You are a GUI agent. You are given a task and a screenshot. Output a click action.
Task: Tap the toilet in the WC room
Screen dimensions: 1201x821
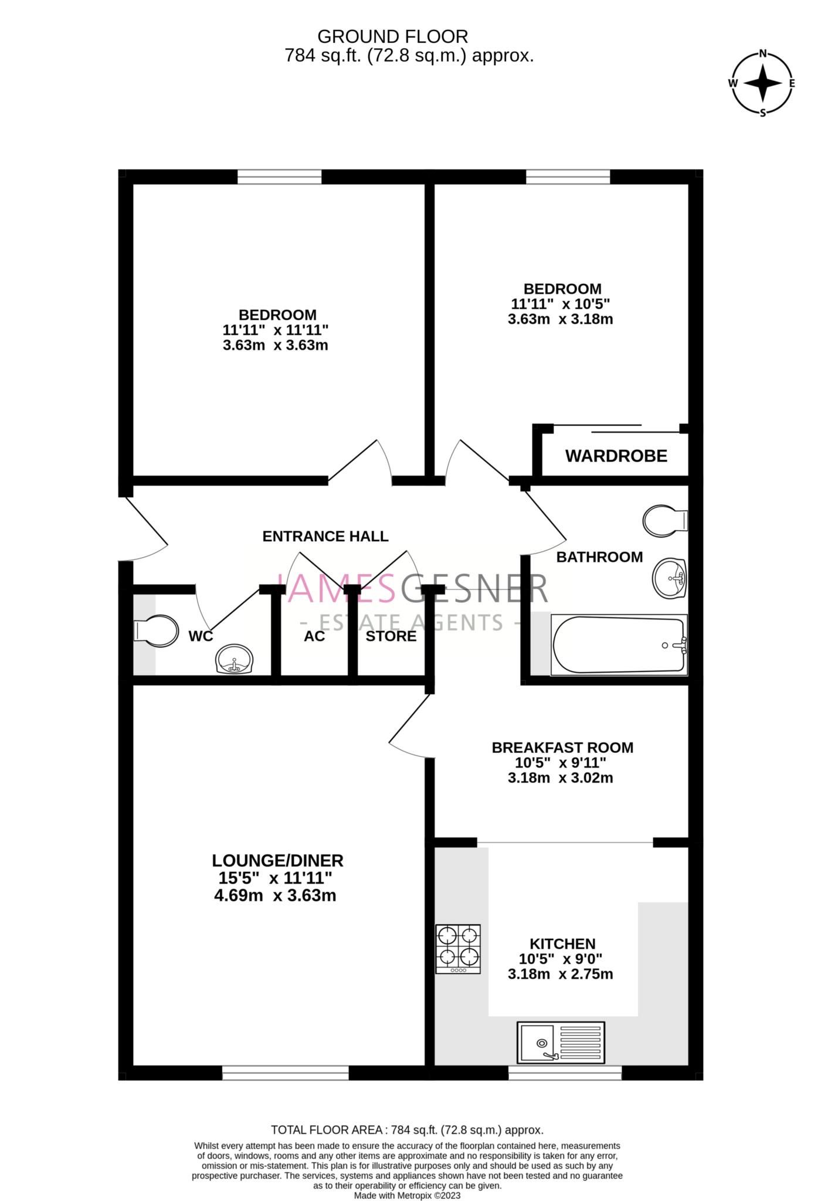point(157,631)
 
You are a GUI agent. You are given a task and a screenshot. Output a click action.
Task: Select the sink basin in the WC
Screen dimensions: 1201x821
point(235,659)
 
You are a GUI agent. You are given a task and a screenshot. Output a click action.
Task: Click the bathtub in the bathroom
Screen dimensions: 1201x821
point(619,644)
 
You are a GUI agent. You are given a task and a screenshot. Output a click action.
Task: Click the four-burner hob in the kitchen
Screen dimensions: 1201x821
point(458,949)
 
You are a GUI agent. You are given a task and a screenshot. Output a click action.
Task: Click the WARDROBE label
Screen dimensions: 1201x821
point(616,456)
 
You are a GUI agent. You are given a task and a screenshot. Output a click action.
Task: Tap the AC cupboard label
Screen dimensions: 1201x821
point(314,636)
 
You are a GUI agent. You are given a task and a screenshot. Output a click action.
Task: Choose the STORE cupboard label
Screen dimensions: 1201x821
point(391,636)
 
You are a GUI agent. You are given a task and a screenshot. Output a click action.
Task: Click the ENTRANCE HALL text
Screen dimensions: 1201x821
point(325,536)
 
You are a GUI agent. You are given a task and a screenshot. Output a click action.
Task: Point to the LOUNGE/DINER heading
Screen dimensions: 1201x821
point(277,860)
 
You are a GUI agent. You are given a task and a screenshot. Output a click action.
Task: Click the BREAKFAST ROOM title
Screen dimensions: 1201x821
point(562,748)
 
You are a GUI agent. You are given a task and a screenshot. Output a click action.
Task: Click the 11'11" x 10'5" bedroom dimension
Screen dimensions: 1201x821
point(560,304)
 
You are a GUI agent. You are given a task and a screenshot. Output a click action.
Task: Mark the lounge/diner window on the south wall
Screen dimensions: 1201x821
point(285,1073)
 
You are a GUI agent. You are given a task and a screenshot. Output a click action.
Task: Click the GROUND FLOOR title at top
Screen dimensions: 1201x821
point(392,36)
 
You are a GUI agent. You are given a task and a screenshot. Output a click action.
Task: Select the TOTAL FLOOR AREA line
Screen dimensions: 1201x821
point(407,1129)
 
